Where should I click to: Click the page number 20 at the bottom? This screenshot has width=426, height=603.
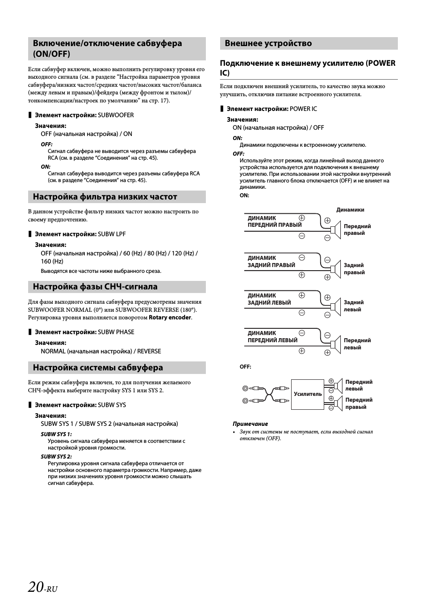click(36, 586)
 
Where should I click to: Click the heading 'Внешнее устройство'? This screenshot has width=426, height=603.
click(268, 43)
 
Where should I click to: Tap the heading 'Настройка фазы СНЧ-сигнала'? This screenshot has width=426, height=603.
click(95, 287)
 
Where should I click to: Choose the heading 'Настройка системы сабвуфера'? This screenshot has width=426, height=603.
click(98, 368)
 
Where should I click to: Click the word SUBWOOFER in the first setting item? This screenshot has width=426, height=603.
click(116, 115)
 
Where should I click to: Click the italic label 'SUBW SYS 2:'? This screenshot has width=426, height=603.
click(56, 457)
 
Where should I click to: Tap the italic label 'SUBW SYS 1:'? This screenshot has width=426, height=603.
click(56, 434)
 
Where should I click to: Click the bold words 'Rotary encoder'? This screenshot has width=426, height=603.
click(170, 318)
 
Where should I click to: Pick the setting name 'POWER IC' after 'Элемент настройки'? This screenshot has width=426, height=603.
click(303, 109)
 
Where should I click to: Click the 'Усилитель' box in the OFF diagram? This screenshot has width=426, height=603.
click(308, 394)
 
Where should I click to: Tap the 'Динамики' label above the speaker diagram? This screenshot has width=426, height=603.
click(350, 210)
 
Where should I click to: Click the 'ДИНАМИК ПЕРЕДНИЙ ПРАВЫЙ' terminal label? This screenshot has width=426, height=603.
click(275, 221)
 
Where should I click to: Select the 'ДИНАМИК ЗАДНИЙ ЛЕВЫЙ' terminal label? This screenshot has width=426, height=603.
click(269, 299)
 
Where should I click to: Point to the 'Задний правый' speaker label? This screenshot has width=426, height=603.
click(354, 269)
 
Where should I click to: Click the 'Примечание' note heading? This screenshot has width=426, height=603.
click(250, 424)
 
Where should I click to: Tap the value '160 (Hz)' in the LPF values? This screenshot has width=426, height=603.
click(52, 261)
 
